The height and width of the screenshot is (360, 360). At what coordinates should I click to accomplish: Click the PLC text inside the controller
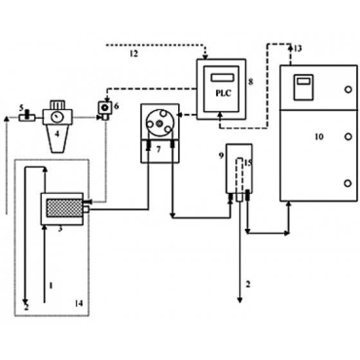pos(224,93)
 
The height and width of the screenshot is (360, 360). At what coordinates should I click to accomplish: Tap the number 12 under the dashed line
pos(134,54)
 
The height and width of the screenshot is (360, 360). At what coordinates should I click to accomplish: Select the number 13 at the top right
pos(298,49)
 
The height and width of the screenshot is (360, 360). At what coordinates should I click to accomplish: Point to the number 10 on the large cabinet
pos(319,137)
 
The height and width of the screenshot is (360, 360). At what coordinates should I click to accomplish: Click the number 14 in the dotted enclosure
pos(78,303)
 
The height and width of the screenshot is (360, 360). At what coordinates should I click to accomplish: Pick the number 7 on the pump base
pos(158,149)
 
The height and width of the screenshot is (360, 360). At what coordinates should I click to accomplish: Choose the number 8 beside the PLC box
pos(251,82)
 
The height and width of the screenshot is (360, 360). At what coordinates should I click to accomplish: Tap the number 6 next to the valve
pos(116,106)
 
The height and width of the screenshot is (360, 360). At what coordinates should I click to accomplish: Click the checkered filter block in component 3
pos(64,208)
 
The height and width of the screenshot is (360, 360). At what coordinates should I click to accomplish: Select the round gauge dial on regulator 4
pos(55,117)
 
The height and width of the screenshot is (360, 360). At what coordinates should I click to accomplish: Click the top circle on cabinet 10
pos(348,89)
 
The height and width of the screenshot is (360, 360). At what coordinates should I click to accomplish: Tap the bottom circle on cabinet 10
pos(348,183)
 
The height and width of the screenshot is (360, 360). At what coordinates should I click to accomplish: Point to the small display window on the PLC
pos(222,78)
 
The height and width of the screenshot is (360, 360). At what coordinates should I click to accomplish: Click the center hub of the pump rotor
pos(159,123)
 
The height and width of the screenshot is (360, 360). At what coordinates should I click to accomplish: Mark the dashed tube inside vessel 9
pos(239,175)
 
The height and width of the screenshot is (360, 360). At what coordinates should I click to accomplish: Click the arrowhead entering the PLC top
pos(205,57)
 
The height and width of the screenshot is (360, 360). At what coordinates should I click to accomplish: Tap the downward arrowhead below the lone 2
pos(240,300)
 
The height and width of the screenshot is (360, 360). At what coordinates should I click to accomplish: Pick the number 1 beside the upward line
pos(51,285)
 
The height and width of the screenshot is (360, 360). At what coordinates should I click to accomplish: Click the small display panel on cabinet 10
pos(303,87)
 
